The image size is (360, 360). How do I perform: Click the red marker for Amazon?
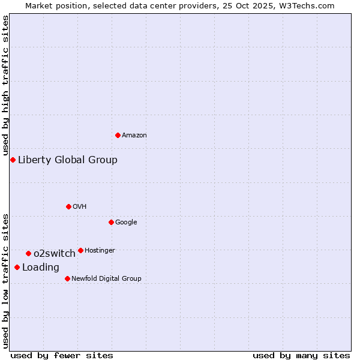[118, 135]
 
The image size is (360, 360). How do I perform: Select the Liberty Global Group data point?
[13, 160]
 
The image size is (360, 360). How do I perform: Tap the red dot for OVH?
[68, 206]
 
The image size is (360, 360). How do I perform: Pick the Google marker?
[111, 222]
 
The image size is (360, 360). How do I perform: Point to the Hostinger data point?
[80, 250]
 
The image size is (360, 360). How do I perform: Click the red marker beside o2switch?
[28, 253]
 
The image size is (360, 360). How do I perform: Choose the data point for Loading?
[17, 267]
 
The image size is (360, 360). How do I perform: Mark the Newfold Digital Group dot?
[67, 278]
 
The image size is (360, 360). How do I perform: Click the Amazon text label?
[134, 136]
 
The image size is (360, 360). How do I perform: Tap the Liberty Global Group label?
[68, 160]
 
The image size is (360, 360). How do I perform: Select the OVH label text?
[80, 207]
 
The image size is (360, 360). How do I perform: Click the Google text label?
[126, 223]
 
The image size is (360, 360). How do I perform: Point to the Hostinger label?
[100, 251]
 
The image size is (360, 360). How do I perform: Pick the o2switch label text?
[55, 254]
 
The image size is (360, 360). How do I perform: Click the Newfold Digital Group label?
[106, 279]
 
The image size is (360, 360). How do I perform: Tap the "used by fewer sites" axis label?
[62, 355]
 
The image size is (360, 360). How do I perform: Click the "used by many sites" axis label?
[301, 355]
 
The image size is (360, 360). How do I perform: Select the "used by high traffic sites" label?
[5, 86]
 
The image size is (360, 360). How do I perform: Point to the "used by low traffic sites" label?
[5, 281]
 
